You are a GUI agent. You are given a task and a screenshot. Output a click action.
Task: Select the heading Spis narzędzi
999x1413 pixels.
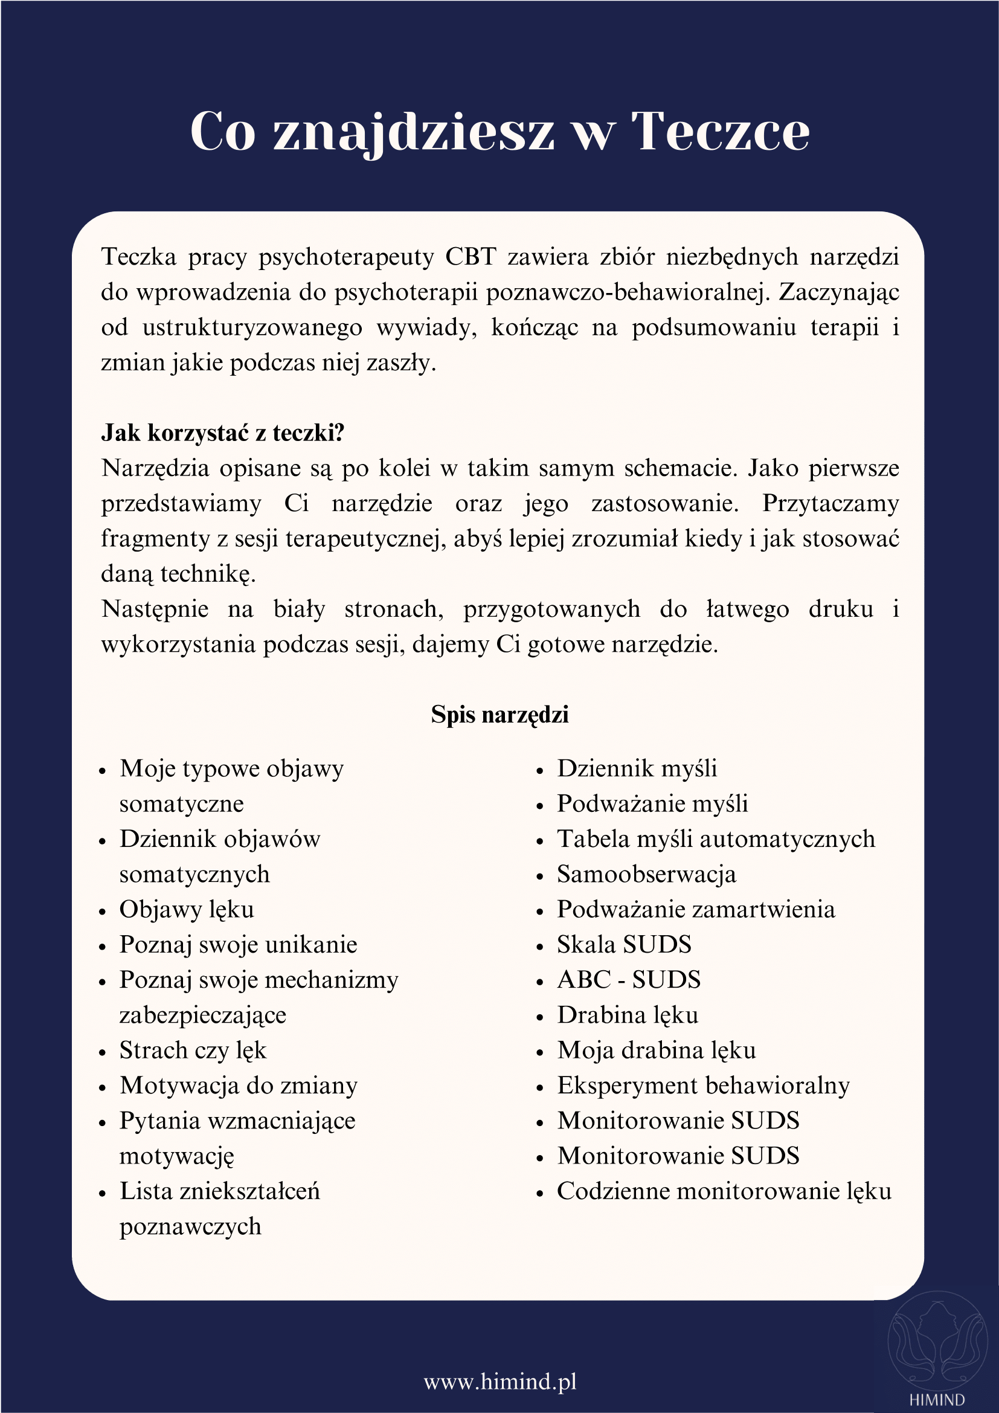pyautogui.click(x=500, y=715)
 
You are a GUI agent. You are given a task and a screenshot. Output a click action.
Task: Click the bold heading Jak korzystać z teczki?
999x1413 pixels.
pyautogui.click(x=223, y=433)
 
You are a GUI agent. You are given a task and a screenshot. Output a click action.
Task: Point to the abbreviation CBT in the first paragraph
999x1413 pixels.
pyautogui.click(x=471, y=257)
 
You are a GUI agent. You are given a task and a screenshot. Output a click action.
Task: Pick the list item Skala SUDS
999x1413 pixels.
pyautogui.click(x=624, y=945)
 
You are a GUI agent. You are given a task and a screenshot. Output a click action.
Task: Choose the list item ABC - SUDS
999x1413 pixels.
pyautogui.click(x=629, y=980)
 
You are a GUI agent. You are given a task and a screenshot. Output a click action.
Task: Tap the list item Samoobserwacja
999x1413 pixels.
pyautogui.click(x=646, y=875)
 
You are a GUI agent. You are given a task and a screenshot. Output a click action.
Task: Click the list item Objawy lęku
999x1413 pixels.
pyautogui.click(x=187, y=910)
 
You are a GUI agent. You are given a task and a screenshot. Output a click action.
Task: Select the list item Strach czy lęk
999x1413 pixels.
pyautogui.click(x=193, y=1051)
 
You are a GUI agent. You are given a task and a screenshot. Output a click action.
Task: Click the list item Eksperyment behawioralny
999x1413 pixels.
pyautogui.click(x=703, y=1086)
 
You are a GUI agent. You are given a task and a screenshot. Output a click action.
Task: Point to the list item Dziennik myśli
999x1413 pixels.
pyautogui.click(x=637, y=768)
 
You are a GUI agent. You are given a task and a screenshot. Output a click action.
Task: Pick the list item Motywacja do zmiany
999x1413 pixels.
pyautogui.click(x=238, y=1086)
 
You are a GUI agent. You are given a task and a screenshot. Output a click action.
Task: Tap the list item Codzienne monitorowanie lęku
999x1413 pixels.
pyautogui.click(x=724, y=1191)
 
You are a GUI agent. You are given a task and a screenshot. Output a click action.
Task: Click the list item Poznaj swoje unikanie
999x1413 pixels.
pyautogui.click(x=238, y=945)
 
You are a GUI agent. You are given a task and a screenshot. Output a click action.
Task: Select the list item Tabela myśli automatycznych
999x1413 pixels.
pyautogui.click(x=715, y=840)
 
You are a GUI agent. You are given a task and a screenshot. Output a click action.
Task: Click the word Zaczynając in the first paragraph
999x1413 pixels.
pyautogui.click(x=838, y=292)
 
